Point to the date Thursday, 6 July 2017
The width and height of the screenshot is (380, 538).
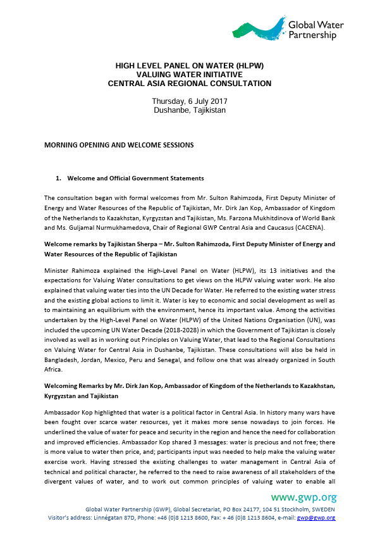click(x=190, y=101)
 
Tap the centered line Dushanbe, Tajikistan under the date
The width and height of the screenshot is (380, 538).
click(x=190, y=110)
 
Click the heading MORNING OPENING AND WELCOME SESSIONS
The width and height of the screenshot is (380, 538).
click(x=119, y=145)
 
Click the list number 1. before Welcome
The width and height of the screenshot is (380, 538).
click(x=59, y=178)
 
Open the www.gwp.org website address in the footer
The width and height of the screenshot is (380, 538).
click(x=303, y=497)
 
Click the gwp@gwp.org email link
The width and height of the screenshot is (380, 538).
click(x=319, y=518)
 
